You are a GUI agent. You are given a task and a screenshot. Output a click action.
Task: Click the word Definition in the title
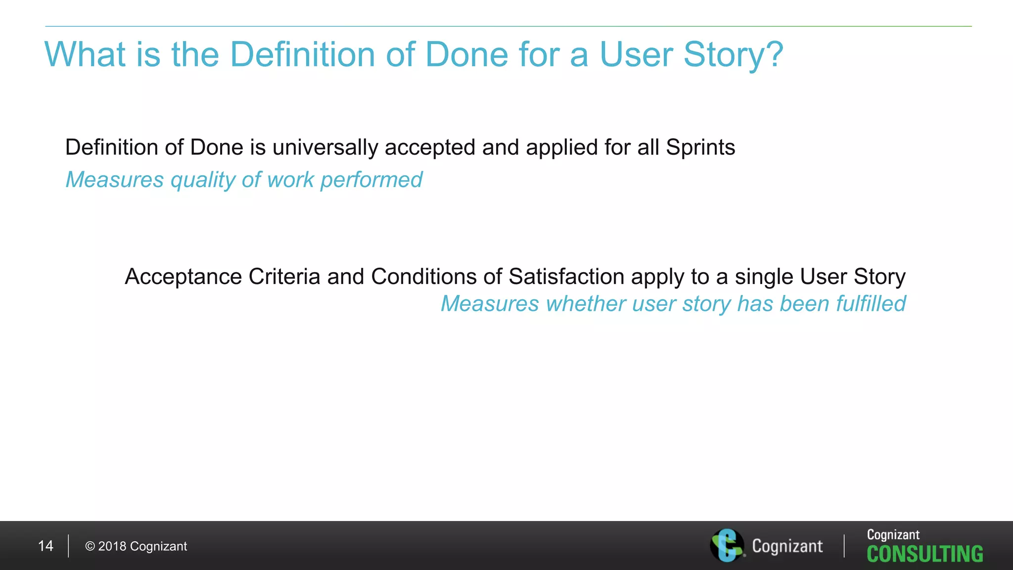(x=302, y=54)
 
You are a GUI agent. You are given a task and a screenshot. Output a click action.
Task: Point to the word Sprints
(x=700, y=148)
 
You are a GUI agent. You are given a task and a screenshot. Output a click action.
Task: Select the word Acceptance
(x=183, y=277)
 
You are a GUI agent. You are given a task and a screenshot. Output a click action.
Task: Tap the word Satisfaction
(x=566, y=277)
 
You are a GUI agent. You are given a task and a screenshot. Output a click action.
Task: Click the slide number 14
(x=46, y=546)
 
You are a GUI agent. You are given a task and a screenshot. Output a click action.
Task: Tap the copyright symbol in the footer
(x=90, y=546)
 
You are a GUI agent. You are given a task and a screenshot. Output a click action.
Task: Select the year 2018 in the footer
(x=112, y=546)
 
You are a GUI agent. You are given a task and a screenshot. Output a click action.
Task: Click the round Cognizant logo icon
(x=727, y=545)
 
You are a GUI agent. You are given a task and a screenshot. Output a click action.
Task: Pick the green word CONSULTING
(x=924, y=554)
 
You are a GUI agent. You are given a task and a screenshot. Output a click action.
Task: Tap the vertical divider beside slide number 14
(x=68, y=546)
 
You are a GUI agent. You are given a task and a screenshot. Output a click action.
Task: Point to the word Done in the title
(x=466, y=54)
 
